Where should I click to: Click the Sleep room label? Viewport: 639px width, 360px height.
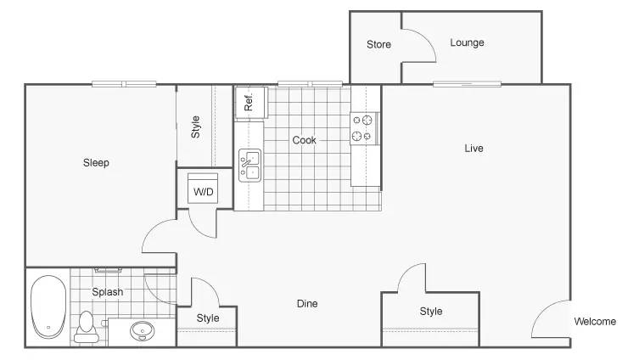tap(96, 163)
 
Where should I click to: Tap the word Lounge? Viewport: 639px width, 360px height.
tap(467, 42)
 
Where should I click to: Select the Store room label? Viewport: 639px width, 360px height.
tap(378, 44)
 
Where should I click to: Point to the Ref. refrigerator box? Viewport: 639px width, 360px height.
tap(251, 103)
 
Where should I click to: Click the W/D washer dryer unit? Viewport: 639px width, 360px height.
tap(203, 188)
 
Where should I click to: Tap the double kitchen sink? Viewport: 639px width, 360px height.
tap(249, 165)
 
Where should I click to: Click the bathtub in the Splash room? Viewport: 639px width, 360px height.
tap(48, 307)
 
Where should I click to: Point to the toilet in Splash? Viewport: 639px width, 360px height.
tap(86, 327)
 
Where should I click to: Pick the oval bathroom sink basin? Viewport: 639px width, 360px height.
tap(143, 330)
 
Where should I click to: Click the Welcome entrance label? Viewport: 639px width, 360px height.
tap(595, 321)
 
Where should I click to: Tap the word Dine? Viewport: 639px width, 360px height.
tap(307, 303)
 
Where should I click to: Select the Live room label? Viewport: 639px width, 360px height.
tap(474, 148)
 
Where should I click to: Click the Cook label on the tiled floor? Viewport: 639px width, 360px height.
tap(304, 140)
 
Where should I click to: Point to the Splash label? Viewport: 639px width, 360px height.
tap(108, 292)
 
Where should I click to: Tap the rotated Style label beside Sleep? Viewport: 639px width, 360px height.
tap(196, 127)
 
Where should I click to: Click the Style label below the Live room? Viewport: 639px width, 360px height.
tap(431, 312)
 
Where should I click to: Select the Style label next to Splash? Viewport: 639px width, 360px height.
tap(208, 318)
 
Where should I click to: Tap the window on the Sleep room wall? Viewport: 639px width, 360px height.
tap(124, 84)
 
